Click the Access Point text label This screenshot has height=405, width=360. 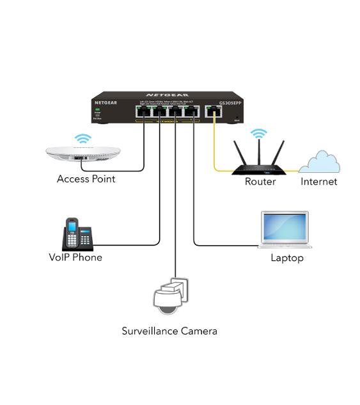coord(86,179)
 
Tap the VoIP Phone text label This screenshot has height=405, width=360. coord(75,257)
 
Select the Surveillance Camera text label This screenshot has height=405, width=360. coord(169,331)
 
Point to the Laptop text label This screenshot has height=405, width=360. coord(287,258)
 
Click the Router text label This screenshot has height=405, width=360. coord(260,182)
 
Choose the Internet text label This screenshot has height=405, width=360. coord(319,182)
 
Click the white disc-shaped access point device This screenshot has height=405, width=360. coord(83,155)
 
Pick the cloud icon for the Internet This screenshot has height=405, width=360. coord(319,162)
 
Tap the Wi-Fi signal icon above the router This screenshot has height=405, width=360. coord(258,133)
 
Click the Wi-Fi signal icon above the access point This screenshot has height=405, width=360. coord(82,138)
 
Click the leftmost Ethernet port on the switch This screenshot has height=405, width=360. coord(143,112)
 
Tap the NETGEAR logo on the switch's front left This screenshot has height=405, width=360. coord(106,102)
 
